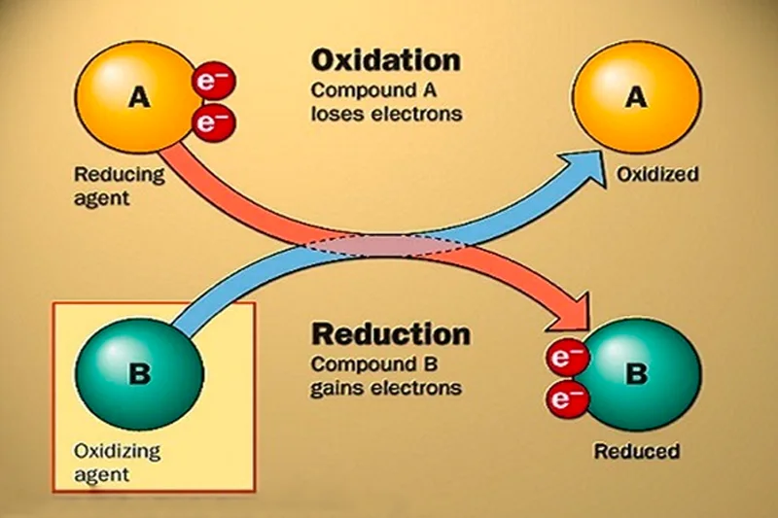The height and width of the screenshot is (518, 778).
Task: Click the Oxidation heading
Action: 385,61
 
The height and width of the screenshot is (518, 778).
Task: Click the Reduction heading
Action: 390,336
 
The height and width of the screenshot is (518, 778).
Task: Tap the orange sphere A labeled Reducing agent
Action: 137,98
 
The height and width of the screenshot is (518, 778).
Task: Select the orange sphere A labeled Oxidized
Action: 635,98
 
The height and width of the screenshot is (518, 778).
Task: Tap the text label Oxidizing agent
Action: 117,463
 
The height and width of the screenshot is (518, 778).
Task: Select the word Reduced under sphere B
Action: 637,452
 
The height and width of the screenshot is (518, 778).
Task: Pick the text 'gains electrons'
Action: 385,387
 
